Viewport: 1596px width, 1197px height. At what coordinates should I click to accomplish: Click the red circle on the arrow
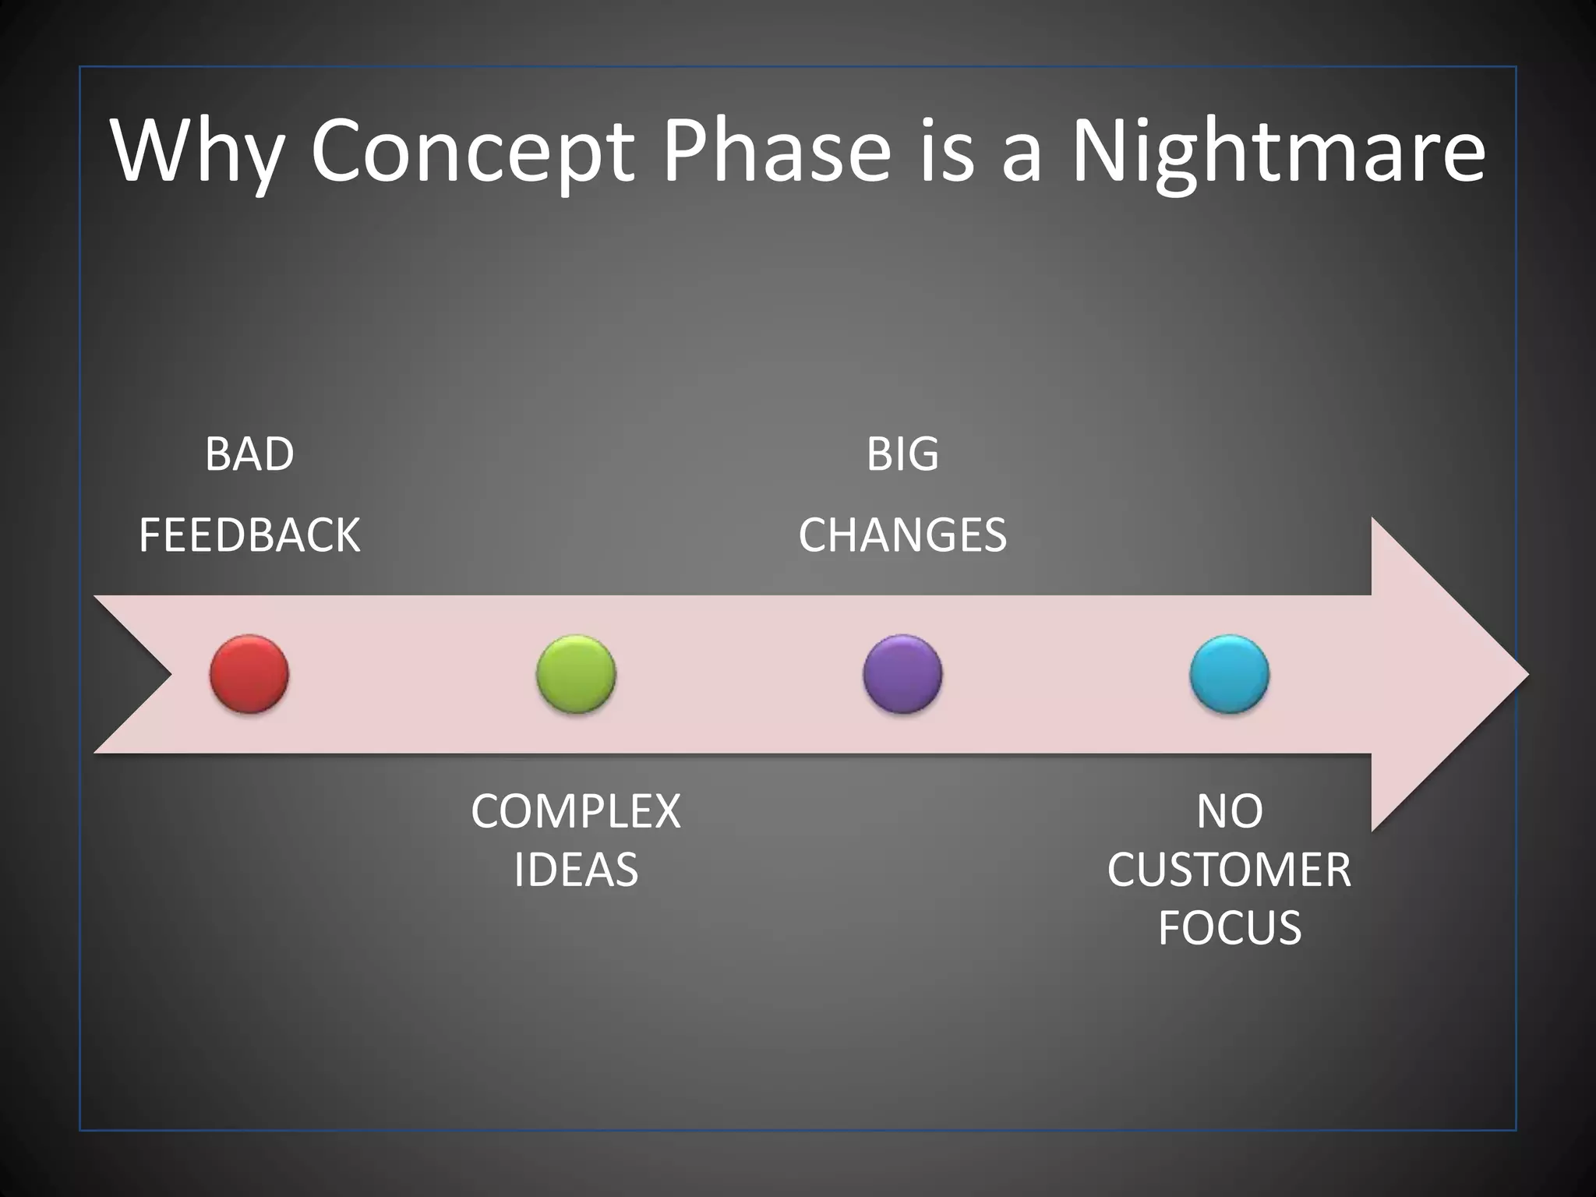(x=249, y=674)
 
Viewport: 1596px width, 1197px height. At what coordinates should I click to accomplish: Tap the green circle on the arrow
(x=576, y=674)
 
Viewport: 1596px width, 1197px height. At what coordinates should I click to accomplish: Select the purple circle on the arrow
(x=902, y=674)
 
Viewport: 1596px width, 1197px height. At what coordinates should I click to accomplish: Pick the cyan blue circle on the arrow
(x=1229, y=674)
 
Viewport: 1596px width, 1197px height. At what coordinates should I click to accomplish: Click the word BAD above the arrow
(x=249, y=454)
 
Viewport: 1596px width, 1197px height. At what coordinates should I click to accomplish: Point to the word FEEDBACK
(x=249, y=535)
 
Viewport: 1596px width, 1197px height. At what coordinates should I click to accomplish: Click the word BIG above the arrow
(x=902, y=454)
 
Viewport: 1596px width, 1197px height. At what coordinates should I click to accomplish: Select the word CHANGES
(x=902, y=535)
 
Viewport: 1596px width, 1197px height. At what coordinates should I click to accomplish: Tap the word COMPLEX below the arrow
(x=576, y=811)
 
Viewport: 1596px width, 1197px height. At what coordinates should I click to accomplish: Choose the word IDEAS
(x=576, y=870)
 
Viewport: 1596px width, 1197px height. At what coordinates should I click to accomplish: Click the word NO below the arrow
(x=1229, y=811)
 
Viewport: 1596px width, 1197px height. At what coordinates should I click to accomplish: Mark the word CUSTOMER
(x=1229, y=870)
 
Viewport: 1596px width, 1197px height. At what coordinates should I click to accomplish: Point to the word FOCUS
(x=1229, y=927)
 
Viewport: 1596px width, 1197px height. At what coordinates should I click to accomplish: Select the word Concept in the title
(x=471, y=152)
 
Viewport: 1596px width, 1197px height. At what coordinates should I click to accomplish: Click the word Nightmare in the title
(x=1278, y=152)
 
